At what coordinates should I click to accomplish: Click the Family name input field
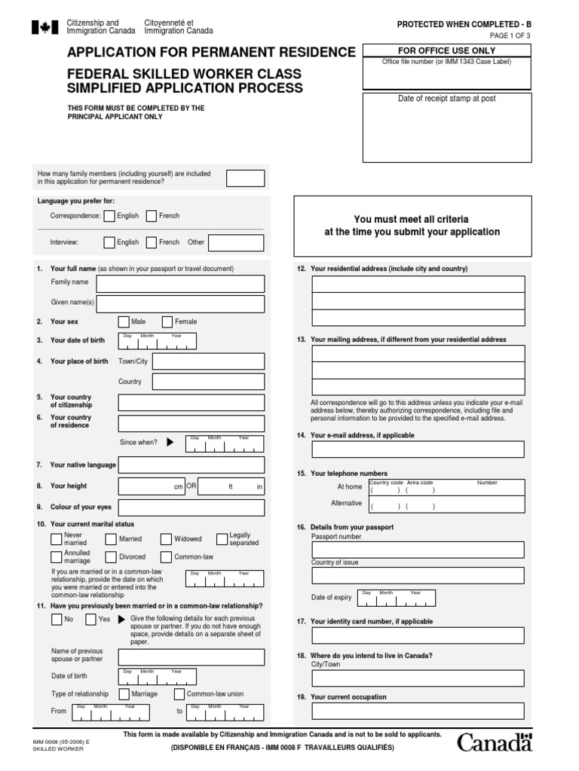tap(180, 284)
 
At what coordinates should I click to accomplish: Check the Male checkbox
tap(124, 322)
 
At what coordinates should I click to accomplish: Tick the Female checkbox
tap(167, 322)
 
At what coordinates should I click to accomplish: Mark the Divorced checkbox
tap(111, 557)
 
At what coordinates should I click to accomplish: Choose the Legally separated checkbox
tap(222, 538)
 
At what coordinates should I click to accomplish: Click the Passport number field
tap(418, 550)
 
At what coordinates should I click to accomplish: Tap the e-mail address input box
tap(418, 449)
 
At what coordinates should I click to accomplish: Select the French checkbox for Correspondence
tap(152, 216)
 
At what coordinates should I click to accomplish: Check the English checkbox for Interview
tap(109, 242)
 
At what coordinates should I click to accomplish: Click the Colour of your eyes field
tap(191, 507)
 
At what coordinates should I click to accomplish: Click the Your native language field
tap(191, 465)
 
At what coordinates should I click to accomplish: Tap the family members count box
tap(246, 178)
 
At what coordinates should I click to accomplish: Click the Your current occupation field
tap(418, 711)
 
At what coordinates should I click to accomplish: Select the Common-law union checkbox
tap(179, 694)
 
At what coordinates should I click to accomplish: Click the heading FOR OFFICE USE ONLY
tap(447, 50)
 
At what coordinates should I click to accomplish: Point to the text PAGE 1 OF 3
tap(510, 35)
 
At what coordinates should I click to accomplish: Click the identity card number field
tap(418, 635)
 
